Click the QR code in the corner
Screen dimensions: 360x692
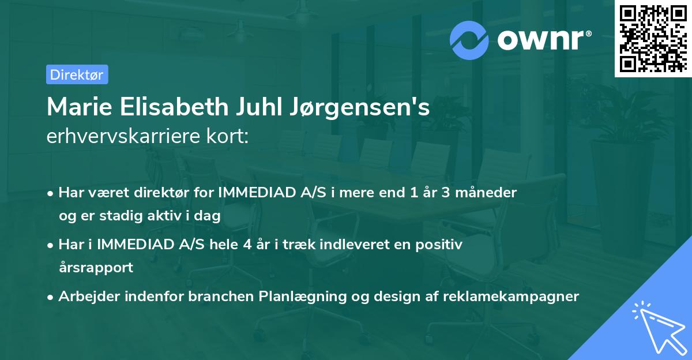click(652, 38)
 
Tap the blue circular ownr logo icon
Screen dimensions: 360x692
click(469, 40)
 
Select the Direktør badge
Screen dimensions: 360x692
click(77, 74)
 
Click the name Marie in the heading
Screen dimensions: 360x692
click(77, 108)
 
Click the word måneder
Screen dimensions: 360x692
click(492, 192)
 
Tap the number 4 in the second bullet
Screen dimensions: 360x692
click(247, 245)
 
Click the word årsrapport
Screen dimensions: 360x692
click(96, 268)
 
